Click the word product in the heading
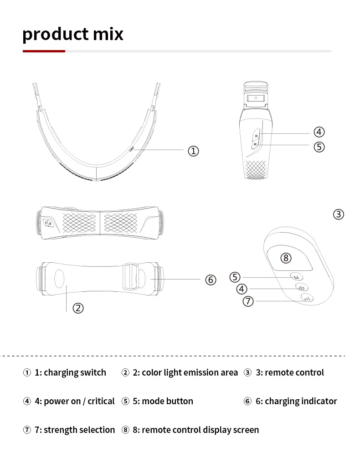(x=48, y=34)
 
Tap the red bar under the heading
(x=44, y=51)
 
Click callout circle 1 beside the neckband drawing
(x=194, y=151)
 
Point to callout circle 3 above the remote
(x=339, y=214)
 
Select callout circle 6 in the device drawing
(x=211, y=280)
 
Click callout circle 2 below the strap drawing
(x=78, y=308)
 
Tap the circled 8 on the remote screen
(x=286, y=258)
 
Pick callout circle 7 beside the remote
(x=248, y=301)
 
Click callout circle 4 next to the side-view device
(x=319, y=132)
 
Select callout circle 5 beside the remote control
(x=235, y=277)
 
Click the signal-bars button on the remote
(x=307, y=299)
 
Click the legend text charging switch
(x=75, y=372)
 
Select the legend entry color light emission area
(x=190, y=372)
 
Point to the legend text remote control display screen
(x=200, y=430)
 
